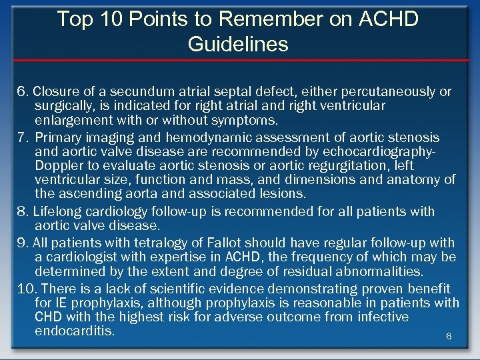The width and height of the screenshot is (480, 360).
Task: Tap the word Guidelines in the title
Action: coord(238,45)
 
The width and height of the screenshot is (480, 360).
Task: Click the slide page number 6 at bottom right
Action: coord(449,337)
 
